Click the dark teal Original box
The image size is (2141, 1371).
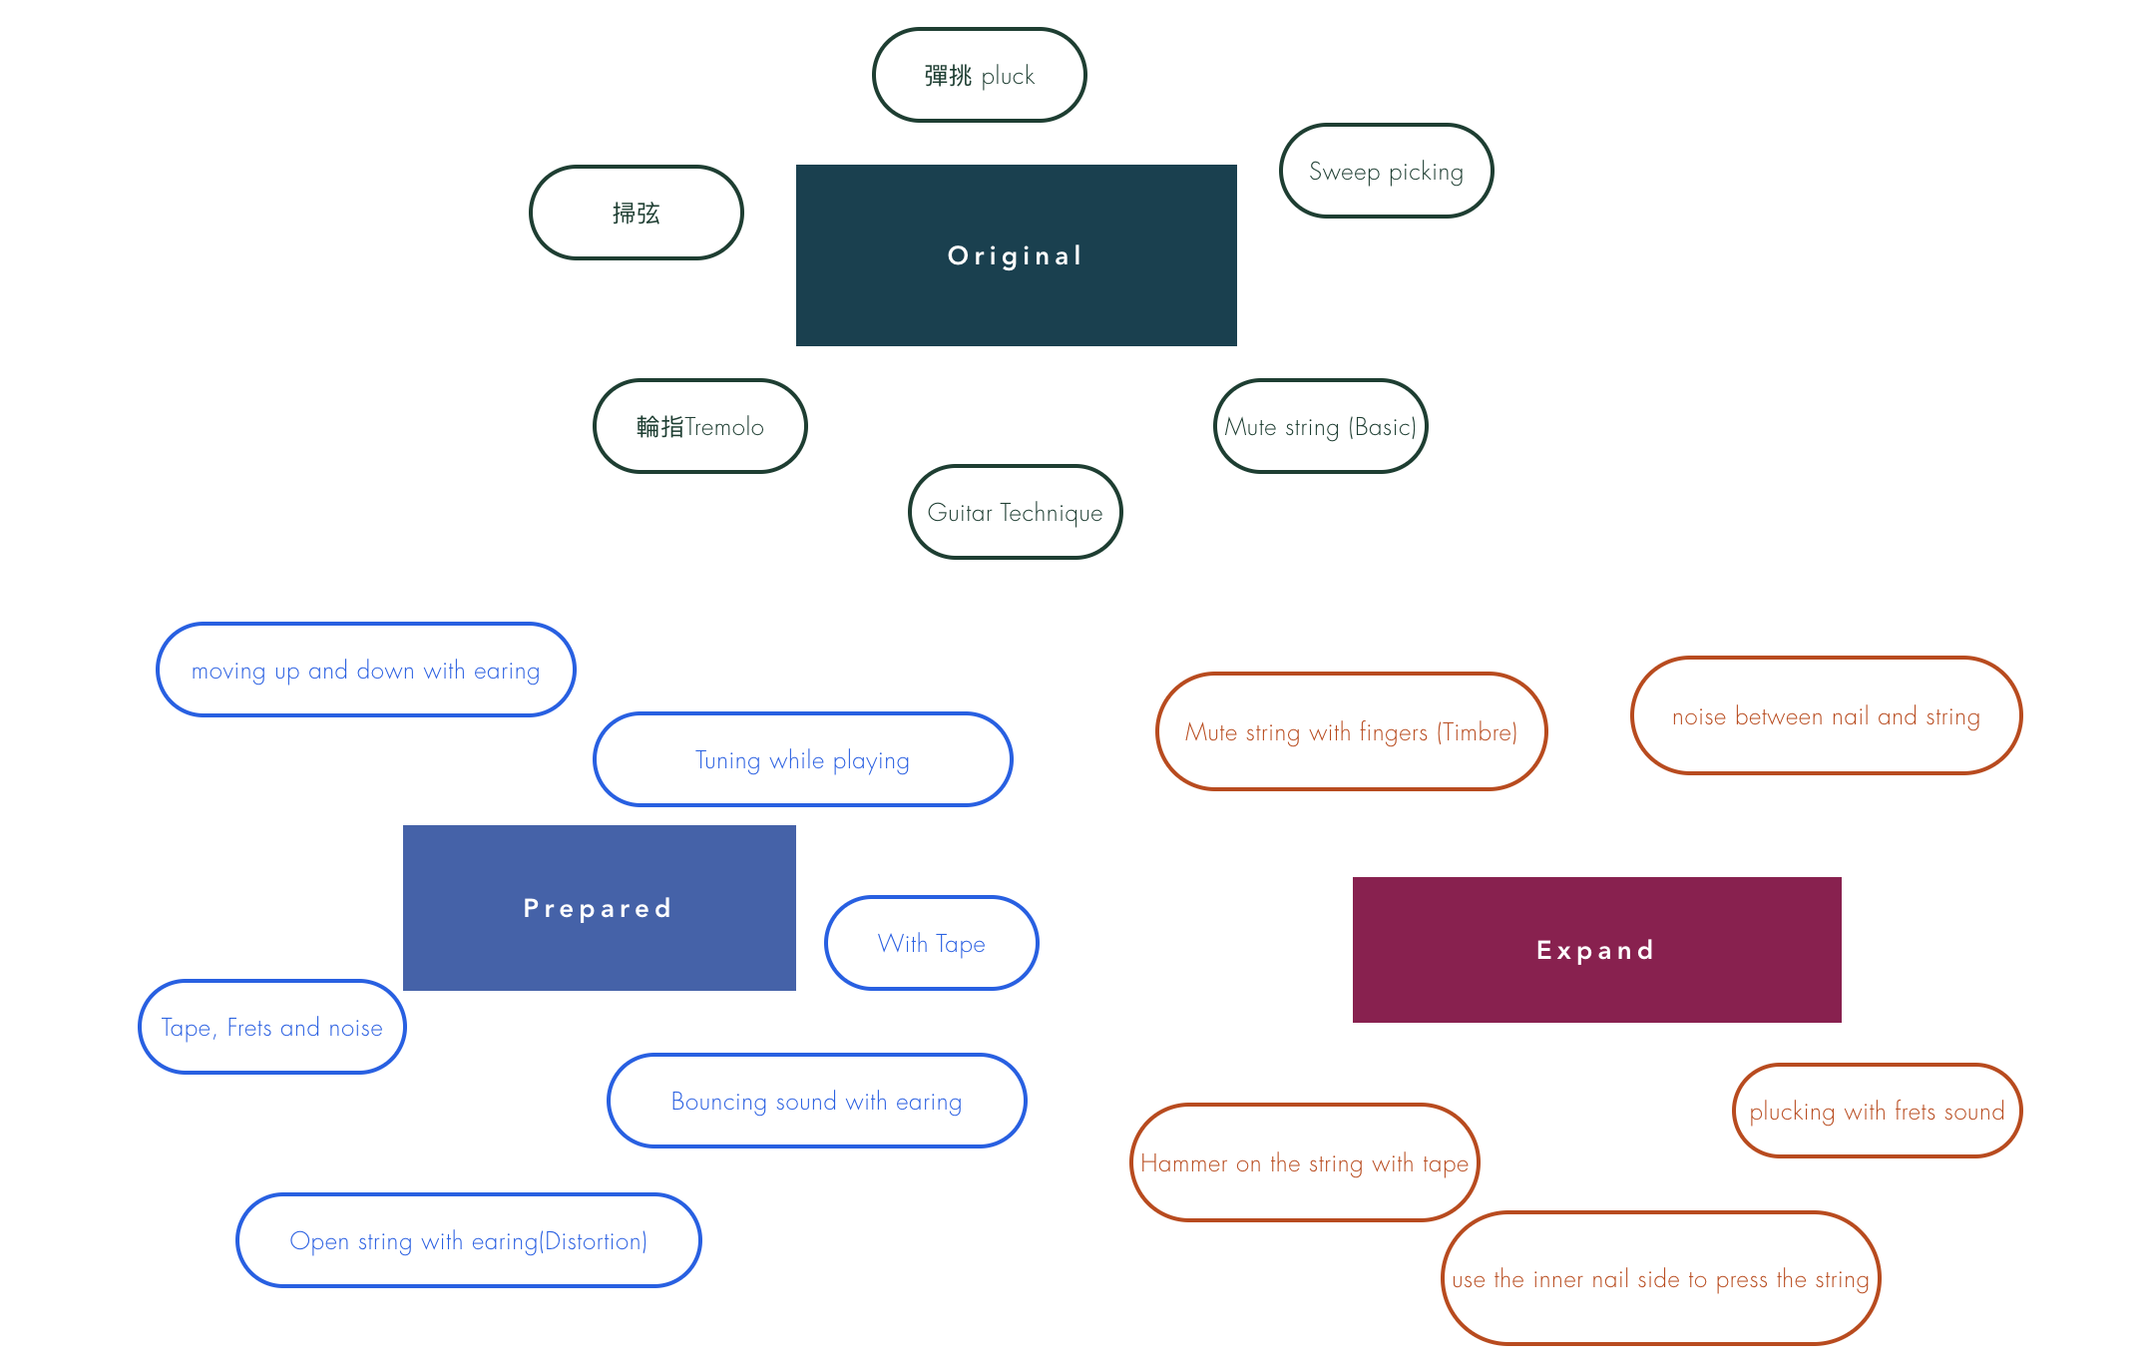click(1016, 255)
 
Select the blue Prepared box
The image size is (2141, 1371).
click(599, 907)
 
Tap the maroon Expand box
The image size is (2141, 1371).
click(1596, 949)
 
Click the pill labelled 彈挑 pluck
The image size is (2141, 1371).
click(979, 75)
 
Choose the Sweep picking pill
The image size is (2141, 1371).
click(1386, 171)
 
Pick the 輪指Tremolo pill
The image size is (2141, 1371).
click(699, 426)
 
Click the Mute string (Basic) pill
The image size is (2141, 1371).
click(1320, 426)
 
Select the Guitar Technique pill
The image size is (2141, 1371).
click(1015, 512)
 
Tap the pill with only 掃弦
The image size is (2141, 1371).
click(636, 213)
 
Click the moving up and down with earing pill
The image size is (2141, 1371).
click(365, 670)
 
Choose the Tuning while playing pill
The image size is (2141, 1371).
click(802, 759)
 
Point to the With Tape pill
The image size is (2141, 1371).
click(931, 943)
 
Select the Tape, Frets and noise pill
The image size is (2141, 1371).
click(271, 1027)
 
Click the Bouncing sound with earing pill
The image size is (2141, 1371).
click(816, 1101)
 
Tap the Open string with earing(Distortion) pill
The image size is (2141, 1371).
click(468, 1240)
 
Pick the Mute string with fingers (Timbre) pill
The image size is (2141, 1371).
click(1351, 731)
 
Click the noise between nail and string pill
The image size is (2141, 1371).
click(1826, 715)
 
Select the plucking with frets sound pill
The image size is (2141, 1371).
click(1877, 1111)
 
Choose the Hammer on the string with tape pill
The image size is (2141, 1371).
click(1304, 1162)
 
